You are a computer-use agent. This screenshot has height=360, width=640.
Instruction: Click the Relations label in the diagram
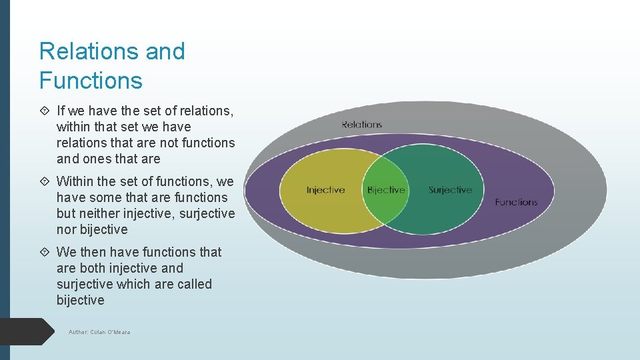[x=361, y=125]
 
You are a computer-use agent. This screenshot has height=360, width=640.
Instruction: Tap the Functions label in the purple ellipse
[x=515, y=202]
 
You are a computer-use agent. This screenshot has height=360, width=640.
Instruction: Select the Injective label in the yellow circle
[x=325, y=190]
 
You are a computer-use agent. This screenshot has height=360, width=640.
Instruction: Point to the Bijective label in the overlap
[x=386, y=190]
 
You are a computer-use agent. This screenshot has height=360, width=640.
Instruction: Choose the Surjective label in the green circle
[x=450, y=190]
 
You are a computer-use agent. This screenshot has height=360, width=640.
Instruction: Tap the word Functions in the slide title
[x=91, y=81]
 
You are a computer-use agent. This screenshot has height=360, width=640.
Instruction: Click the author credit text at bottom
[x=99, y=332]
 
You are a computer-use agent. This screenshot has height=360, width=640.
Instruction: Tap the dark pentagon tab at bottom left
[x=27, y=331]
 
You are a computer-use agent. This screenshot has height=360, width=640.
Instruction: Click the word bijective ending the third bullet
[x=81, y=300]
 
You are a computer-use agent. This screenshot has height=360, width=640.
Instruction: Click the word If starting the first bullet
[x=61, y=111]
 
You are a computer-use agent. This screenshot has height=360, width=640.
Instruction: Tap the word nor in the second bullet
[x=67, y=229]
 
